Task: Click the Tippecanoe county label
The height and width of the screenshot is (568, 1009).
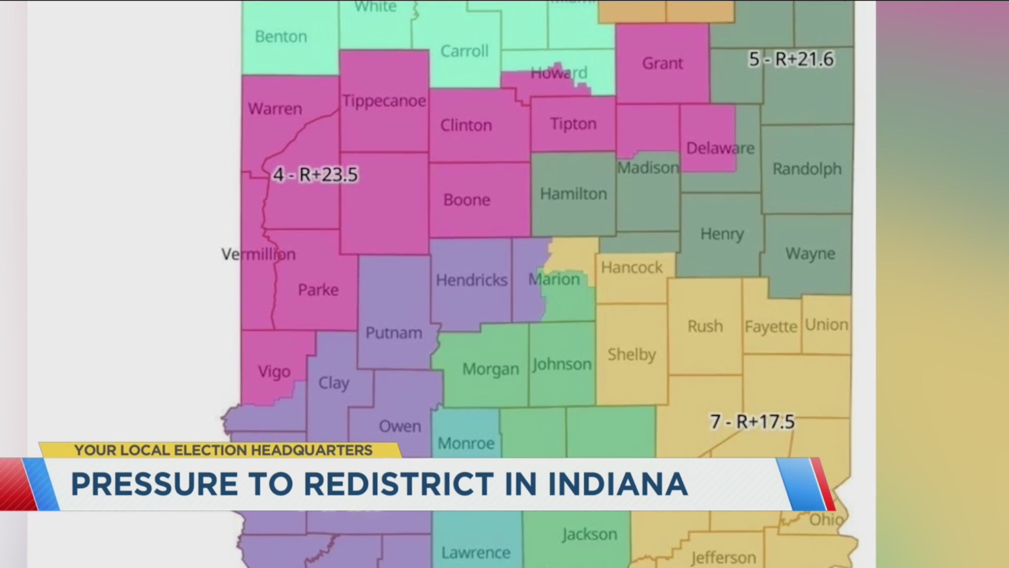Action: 384,100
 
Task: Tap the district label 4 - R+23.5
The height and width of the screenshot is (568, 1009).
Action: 315,175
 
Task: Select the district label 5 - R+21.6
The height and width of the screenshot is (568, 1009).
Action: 791,59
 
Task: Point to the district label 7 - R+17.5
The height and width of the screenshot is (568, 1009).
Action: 752,422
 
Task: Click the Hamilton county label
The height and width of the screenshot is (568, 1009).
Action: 573,194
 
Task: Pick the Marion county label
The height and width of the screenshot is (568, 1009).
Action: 554,279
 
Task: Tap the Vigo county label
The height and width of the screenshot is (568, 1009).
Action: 274,372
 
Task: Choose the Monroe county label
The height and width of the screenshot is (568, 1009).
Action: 466,443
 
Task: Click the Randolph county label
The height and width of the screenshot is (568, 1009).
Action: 807,169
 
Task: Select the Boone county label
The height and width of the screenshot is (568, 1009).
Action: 467,200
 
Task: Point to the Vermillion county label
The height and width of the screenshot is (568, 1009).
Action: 259,255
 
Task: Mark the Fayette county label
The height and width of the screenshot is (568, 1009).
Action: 770,327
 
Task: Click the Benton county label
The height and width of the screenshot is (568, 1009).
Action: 281,37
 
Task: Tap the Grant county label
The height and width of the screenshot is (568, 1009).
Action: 662,64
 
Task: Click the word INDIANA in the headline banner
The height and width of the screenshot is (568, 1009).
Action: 617,484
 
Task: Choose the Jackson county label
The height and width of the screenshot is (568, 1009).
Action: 589,534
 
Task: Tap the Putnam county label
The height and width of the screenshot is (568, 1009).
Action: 394,333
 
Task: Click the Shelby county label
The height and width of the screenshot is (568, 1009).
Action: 632,354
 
